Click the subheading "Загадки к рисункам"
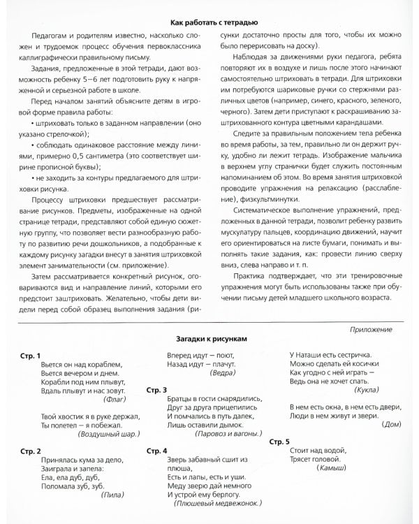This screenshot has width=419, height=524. pyautogui.click(x=209, y=337)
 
